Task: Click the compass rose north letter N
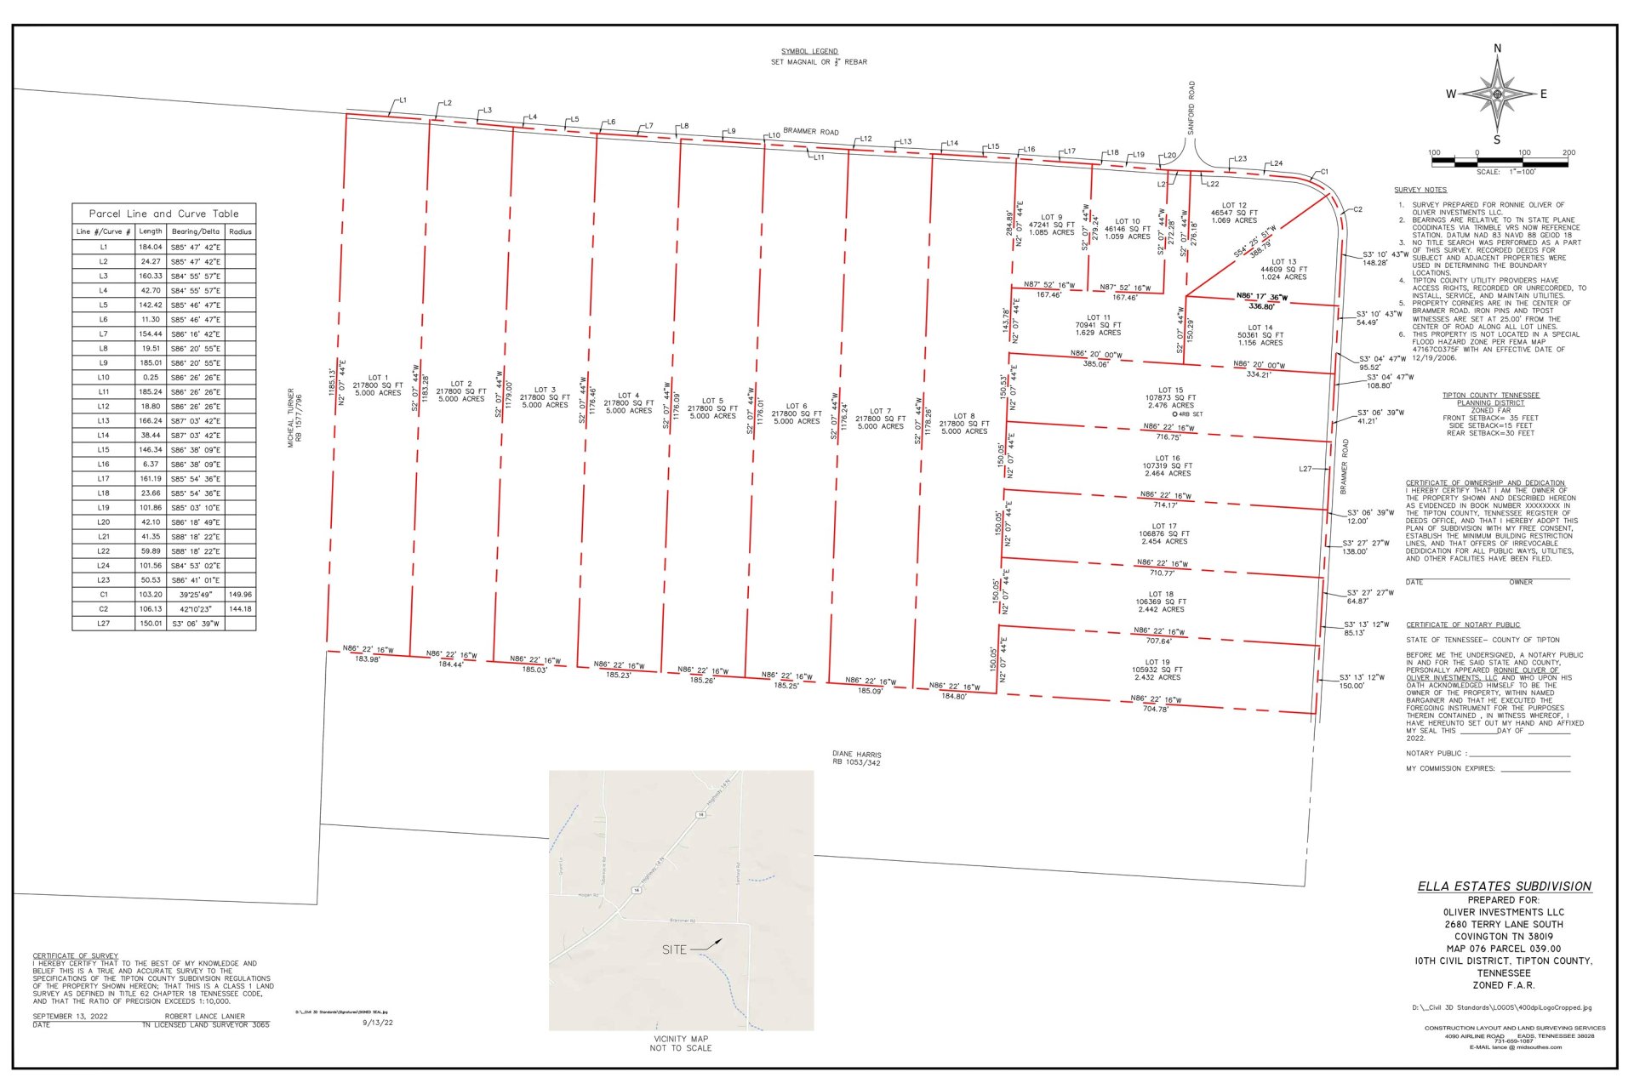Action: [x=1498, y=48]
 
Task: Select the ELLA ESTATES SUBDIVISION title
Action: [x=1504, y=886]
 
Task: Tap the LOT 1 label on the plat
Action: [x=378, y=378]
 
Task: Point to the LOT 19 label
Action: [x=1157, y=662]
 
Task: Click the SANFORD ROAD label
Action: [x=1191, y=108]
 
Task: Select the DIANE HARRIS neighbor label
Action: [x=856, y=754]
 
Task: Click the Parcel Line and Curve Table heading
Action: [x=163, y=214]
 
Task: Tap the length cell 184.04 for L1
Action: [x=151, y=247]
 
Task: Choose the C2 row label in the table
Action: [x=103, y=609]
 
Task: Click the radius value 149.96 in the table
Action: [x=240, y=595]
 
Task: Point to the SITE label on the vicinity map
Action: [x=674, y=949]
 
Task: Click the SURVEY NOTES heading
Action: [x=1420, y=190]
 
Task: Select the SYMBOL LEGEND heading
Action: [x=809, y=51]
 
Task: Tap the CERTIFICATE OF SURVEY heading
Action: [x=76, y=955]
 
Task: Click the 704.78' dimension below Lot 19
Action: [x=1155, y=709]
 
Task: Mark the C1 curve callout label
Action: [x=1324, y=172]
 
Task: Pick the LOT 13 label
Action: [x=1283, y=262]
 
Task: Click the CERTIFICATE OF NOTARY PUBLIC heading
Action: [x=1462, y=624]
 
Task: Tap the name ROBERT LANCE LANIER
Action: [x=204, y=1016]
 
